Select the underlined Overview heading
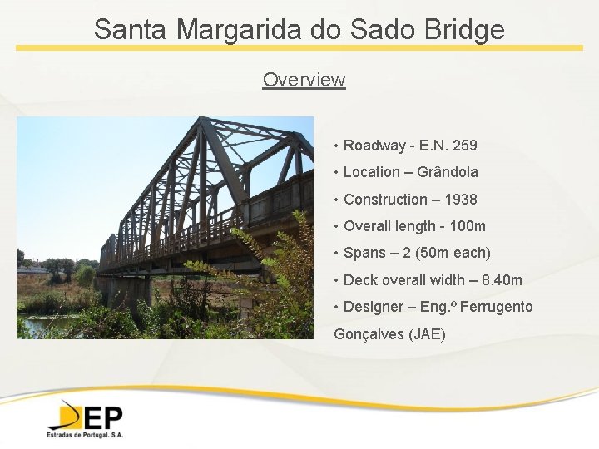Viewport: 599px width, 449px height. (x=304, y=80)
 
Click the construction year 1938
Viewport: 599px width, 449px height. (x=461, y=200)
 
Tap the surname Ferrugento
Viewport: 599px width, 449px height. (x=496, y=308)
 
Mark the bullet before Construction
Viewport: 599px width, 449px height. (x=335, y=200)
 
